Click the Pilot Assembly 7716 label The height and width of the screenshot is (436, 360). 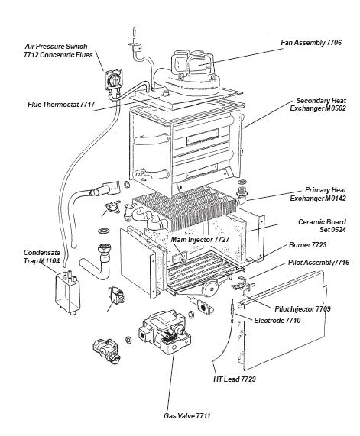point(319,263)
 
